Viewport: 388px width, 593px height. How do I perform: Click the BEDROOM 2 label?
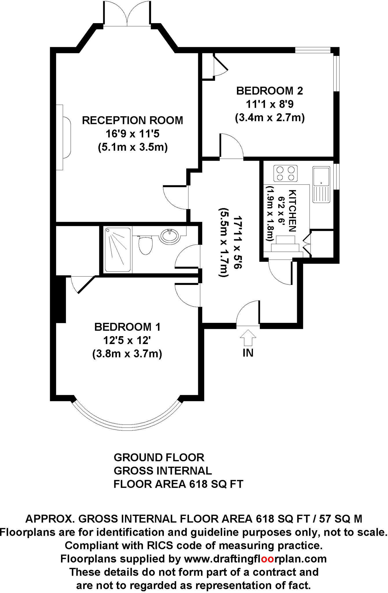[269, 91]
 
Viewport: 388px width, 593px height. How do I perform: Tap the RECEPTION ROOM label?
[133, 120]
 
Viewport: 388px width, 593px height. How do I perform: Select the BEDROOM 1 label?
[127, 327]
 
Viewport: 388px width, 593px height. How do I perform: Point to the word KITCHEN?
[293, 211]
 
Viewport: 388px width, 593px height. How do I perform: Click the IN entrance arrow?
[248, 338]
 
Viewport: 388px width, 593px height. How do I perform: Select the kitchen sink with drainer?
[321, 184]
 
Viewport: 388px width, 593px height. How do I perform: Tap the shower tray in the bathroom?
[117, 250]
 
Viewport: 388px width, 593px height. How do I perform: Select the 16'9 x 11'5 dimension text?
[133, 134]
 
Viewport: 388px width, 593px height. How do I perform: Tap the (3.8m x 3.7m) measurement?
[127, 354]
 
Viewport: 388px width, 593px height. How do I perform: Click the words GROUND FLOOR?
[159, 457]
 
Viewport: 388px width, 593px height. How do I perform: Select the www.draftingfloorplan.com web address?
[255, 559]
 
